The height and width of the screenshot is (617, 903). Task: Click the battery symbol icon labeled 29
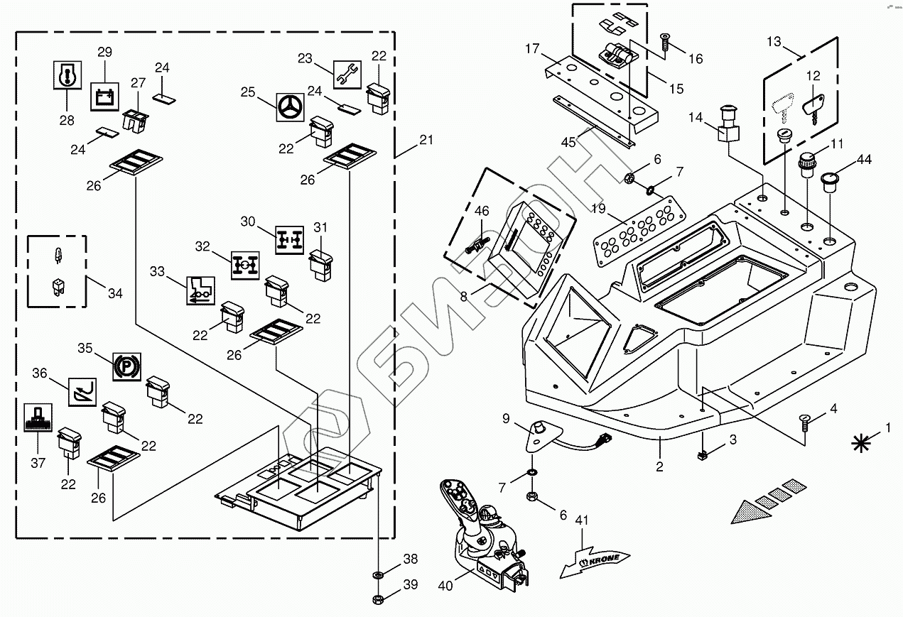tap(104, 97)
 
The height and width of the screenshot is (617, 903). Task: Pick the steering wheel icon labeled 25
tap(290, 109)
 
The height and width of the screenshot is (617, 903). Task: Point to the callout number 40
tap(445, 586)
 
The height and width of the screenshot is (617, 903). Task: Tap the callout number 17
tap(533, 49)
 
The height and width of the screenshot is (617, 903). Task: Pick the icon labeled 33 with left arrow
tap(199, 290)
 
